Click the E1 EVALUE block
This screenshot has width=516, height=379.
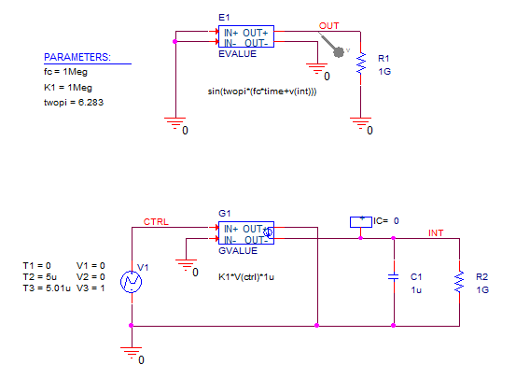click(x=246, y=36)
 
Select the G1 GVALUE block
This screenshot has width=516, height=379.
click(x=246, y=232)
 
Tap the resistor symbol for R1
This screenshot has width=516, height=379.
click(x=361, y=63)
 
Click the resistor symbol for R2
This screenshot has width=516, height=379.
click(x=459, y=282)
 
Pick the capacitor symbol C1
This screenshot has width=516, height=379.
click(x=394, y=277)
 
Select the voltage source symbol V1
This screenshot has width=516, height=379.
click(x=132, y=282)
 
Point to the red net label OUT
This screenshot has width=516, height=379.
click(x=328, y=26)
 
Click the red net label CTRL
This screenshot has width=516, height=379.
click(x=156, y=222)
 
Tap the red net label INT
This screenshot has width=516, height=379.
click(x=436, y=233)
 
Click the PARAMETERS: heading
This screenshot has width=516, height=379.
click(x=77, y=57)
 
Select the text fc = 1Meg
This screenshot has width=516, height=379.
click(x=65, y=72)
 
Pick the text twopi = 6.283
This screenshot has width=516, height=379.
click(x=74, y=103)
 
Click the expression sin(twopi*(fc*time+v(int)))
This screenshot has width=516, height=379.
click(x=262, y=91)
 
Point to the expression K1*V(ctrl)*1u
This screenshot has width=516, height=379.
click(x=246, y=277)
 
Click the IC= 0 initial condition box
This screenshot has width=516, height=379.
click(x=361, y=222)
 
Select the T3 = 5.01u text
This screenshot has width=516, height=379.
click(x=47, y=288)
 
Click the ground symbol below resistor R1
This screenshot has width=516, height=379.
click(x=361, y=123)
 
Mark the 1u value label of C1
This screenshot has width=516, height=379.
click(x=416, y=290)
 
